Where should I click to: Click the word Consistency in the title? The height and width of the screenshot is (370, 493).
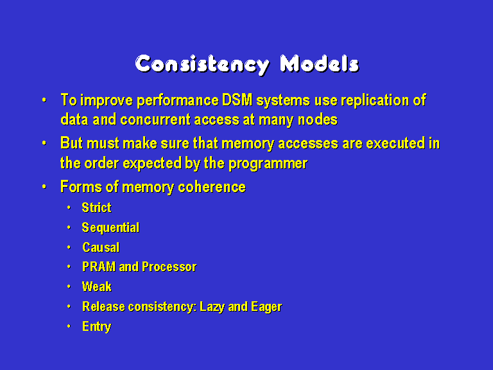tap(202, 65)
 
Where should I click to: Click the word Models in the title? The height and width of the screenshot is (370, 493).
tap(320, 64)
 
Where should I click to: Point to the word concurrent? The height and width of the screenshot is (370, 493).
tap(155, 120)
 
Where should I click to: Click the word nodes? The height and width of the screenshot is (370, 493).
tap(318, 120)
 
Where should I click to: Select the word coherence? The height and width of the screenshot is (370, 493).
tap(212, 187)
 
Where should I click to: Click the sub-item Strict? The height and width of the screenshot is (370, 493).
tap(96, 207)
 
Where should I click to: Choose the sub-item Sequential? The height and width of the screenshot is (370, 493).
tap(110, 228)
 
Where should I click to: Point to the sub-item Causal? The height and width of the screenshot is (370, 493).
tap(101, 247)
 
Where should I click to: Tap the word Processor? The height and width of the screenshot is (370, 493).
tap(169, 267)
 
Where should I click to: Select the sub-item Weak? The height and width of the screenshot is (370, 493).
tap(97, 286)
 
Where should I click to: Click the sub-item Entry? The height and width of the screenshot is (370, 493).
tap(96, 327)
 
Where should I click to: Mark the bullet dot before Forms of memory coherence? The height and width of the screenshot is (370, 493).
tap(44, 187)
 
